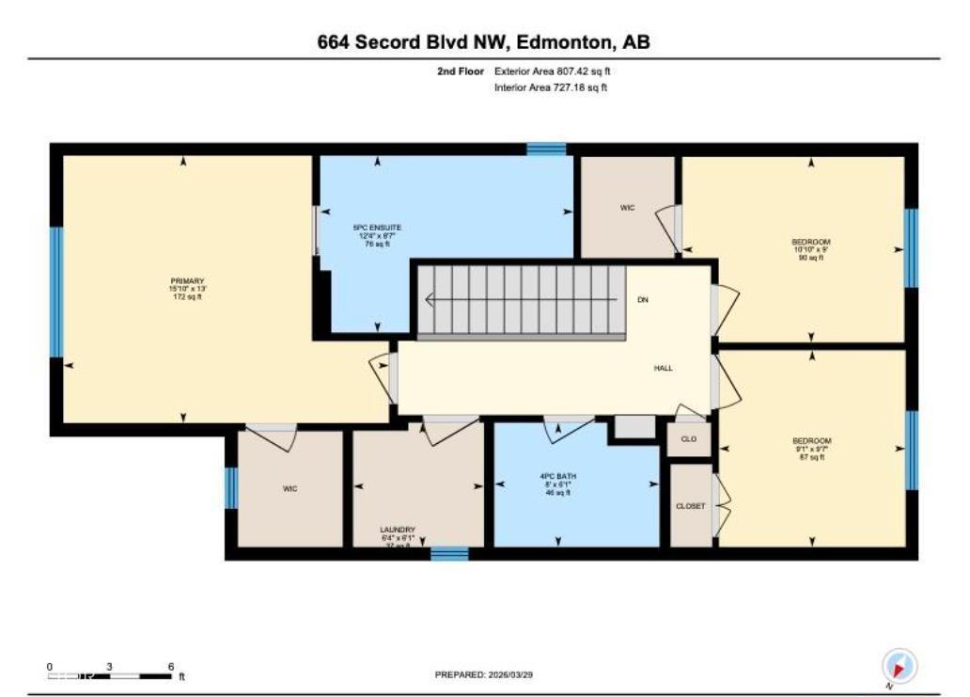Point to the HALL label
tap(663, 368)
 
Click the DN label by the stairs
tap(643, 300)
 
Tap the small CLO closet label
tap(688, 439)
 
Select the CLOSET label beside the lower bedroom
tap(690, 506)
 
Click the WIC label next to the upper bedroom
tap(628, 207)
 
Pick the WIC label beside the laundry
tap(289, 488)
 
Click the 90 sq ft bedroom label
tap(810, 249)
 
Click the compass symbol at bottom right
tap(899, 667)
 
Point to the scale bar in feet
tap(111, 674)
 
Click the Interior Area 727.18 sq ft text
tap(551, 87)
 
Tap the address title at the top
tap(483, 42)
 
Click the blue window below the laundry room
tap(449, 553)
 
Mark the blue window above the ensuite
tap(546, 149)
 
